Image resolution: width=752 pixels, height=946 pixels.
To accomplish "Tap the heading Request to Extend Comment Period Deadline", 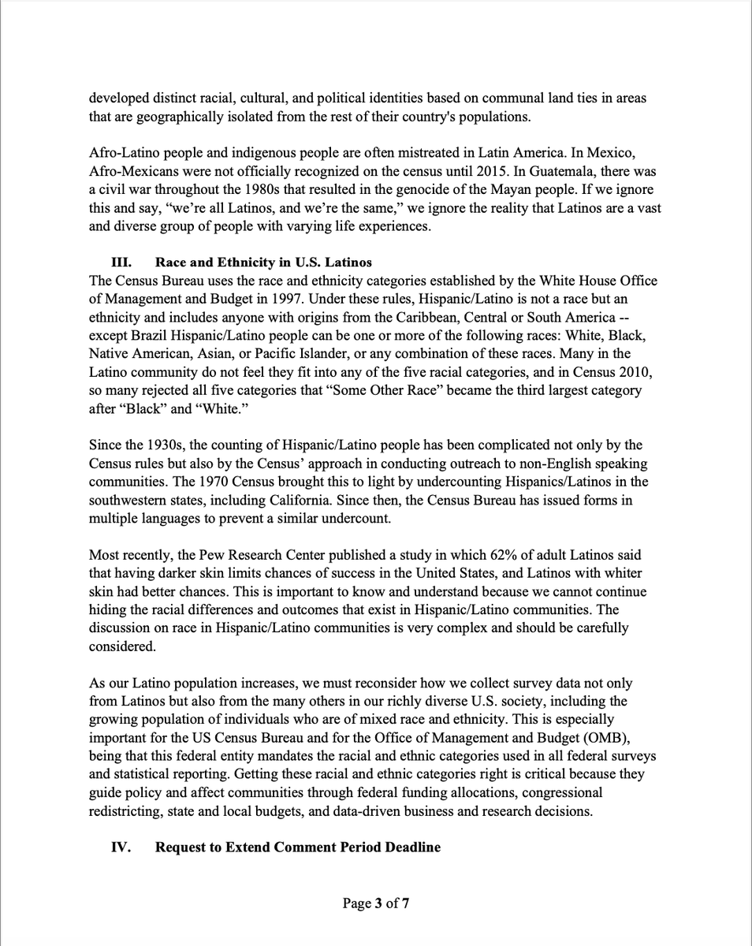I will [x=298, y=847].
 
